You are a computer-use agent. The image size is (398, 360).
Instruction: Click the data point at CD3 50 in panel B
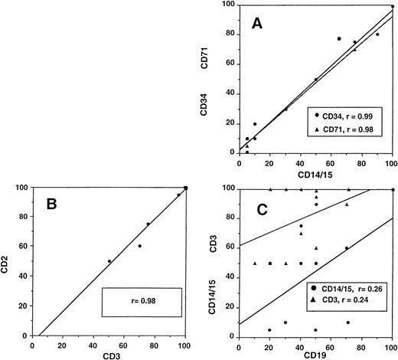[109, 261]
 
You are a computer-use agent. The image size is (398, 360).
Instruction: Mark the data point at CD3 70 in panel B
[140, 246]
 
